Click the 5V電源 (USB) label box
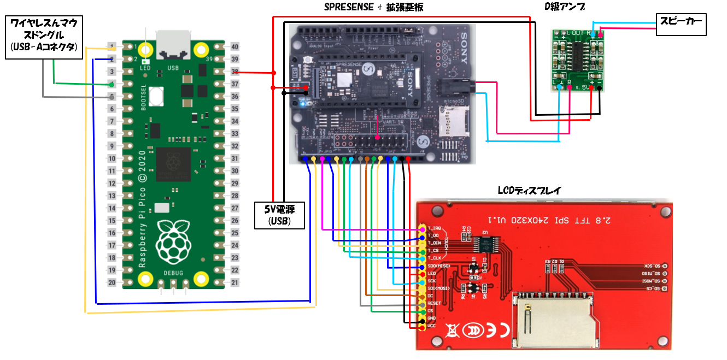click(x=280, y=215)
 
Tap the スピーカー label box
click(x=681, y=25)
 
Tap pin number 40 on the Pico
click(x=234, y=47)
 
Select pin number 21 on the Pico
click(x=234, y=282)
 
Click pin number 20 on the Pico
click(x=112, y=282)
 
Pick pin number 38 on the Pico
click(x=234, y=72)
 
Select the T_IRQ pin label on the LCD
click(x=435, y=227)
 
